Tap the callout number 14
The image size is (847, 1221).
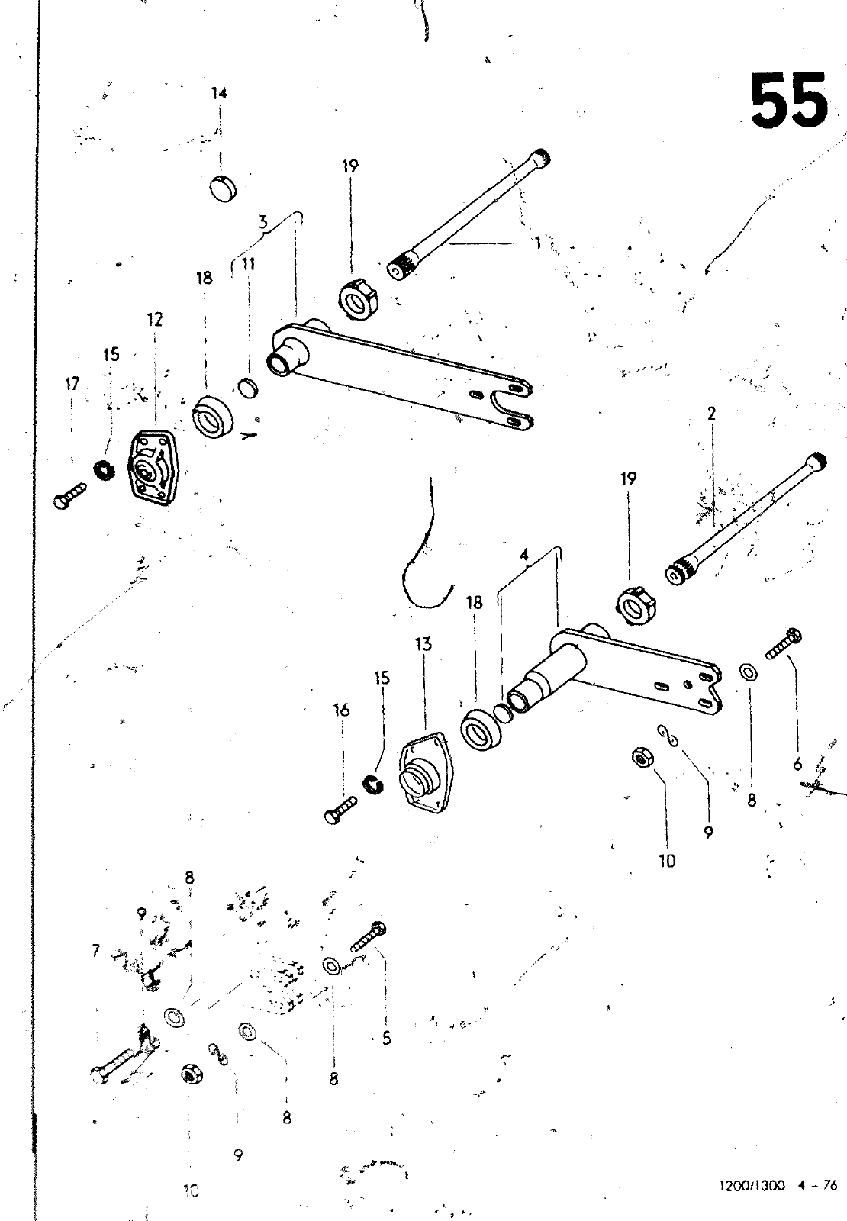pyautogui.click(x=220, y=94)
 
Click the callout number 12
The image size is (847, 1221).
pyautogui.click(x=155, y=320)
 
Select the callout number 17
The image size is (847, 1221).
pyautogui.click(x=72, y=385)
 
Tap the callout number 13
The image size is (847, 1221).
pyautogui.click(x=423, y=644)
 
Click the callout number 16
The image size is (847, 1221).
pyautogui.click(x=342, y=710)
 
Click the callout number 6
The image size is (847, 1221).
pyautogui.click(x=797, y=763)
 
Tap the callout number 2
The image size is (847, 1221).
pyautogui.click(x=711, y=414)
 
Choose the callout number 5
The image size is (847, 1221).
pyautogui.click(x=387, y=1039)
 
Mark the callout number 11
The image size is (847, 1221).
pyautogui.click(x=249, y=265)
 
